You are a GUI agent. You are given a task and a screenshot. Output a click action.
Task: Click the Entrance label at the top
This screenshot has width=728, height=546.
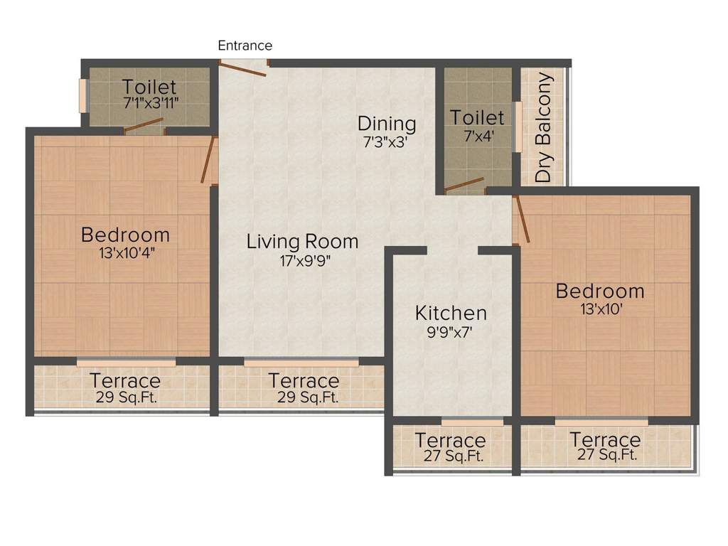coord(245,45)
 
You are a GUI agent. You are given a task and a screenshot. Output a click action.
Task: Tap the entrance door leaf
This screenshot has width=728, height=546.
coord(242,69)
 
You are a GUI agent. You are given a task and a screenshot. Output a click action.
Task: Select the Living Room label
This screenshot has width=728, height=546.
coord(302,241)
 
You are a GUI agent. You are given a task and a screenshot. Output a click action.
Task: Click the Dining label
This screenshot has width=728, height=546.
coord(387,123)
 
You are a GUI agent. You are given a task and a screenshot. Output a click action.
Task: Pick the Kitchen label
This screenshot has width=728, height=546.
coord(451,313)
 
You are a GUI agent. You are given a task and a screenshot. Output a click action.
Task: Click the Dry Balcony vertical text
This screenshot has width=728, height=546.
coord(544,128)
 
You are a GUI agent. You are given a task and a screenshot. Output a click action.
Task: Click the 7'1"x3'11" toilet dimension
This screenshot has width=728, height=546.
coord(149,102)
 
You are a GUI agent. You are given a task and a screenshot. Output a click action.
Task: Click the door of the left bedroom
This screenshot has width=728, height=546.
coord(208,161)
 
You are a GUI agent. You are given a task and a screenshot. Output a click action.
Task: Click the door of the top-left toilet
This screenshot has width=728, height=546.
coord(143,126)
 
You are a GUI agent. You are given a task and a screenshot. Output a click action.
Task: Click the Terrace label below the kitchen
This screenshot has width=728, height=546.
coord(450,440)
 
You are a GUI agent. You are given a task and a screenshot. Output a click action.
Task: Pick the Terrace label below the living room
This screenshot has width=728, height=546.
coord(304,380)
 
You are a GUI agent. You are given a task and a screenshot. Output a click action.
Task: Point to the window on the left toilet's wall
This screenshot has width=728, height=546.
coord(82,96)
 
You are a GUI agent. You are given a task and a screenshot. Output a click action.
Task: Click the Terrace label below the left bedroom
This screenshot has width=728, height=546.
coord(125,380)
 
